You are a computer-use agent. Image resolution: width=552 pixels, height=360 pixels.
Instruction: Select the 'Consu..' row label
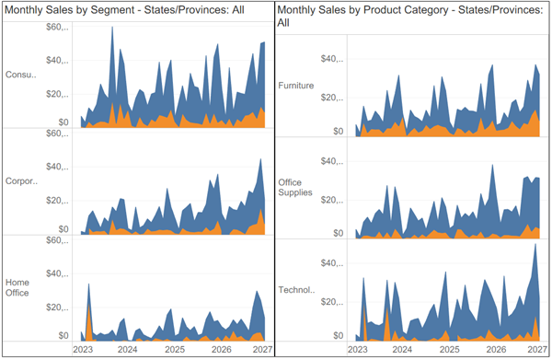(20, 75)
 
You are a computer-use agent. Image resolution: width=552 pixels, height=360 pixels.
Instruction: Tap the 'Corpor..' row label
(20, 180)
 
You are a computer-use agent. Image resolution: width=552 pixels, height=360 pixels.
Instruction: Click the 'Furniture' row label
(296, 86)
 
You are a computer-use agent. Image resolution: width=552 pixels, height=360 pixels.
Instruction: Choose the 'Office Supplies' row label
(296, 188)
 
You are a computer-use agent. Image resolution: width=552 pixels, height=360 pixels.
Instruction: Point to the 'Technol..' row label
(296, 290)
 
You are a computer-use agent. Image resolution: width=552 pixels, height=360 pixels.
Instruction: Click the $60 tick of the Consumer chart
(58, 28)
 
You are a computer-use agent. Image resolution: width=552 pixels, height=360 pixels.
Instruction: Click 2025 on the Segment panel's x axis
(174, 350)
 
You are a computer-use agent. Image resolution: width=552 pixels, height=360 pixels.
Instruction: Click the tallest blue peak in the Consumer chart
(112, 28)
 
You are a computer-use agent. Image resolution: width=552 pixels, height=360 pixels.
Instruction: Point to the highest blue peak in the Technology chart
(535, 245)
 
